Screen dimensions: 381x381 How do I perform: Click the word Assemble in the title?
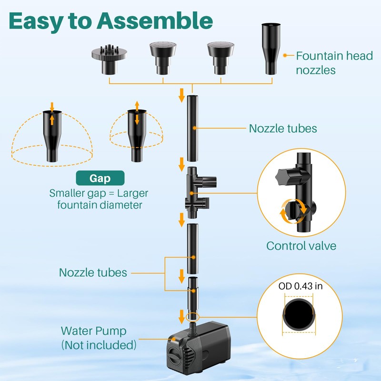click(155, 21)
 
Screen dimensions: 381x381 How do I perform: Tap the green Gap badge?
click(100, 178)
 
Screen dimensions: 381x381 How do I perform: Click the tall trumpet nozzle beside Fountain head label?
click(271, 49)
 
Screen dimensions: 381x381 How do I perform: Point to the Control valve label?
click(301, 246)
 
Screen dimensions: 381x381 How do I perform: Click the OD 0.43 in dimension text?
click(301, 286)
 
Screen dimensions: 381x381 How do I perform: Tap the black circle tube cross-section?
click(299, 314)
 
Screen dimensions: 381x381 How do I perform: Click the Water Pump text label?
click(93, 331)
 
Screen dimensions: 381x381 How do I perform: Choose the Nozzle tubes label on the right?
click(283, 129)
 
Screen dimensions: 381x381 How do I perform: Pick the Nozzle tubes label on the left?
click(93, 272)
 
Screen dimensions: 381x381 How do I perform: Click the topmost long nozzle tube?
click(192, 128)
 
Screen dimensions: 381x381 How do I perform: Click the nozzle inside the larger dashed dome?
click(52, 136)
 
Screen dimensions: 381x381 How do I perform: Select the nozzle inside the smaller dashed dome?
click(137, 136)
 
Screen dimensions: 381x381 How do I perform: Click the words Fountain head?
click(334, 56)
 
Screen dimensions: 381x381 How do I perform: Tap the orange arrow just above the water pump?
click(181, 317)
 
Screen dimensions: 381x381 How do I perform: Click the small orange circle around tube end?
click(192, 317)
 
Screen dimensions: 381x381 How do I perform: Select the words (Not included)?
click(99, 345)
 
